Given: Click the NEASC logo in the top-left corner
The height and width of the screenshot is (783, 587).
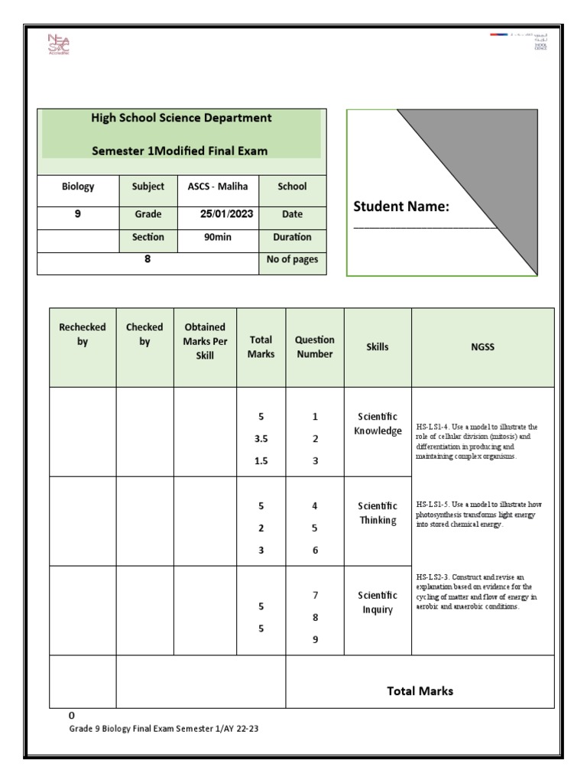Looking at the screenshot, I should coord(58,47).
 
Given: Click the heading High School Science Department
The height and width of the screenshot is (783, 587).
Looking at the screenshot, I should coord(181,118).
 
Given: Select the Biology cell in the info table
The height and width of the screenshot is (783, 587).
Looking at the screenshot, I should coord(78,186).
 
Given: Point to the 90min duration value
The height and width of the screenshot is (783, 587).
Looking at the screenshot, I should coord(218,237).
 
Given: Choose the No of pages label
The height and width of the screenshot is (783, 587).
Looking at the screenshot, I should coord(292,259).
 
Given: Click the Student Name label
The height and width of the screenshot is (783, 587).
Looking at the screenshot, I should coord(401,207).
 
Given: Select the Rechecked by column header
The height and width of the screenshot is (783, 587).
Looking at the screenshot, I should coord(83,335).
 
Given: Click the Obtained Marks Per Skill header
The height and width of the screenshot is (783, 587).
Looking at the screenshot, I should coord(205,341).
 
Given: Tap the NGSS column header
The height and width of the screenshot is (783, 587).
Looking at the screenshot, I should coord(482,346).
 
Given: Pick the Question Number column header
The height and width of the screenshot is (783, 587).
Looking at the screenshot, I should coord(315,346).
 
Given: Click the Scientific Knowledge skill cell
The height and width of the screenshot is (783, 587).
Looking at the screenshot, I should coord(378,424).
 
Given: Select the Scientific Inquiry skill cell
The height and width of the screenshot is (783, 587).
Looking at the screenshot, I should coord(378,603).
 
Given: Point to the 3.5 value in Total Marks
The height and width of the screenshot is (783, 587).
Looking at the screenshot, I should coord(261,439).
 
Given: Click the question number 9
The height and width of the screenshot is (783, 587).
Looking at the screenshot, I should coord(315,640).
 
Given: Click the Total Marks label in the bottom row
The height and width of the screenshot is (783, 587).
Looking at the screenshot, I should coord(420,691).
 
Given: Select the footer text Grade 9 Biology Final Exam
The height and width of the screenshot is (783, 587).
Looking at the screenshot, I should coord(164,729).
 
